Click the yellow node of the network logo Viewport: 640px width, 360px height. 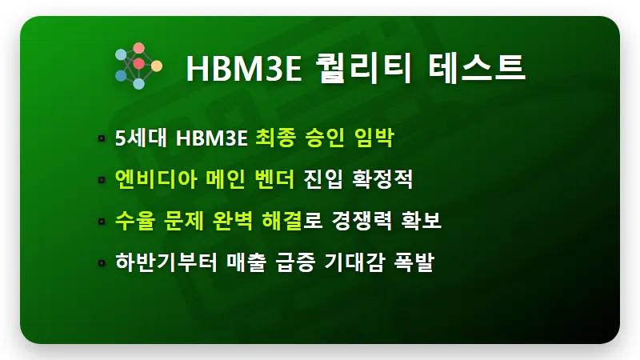coord(157,66)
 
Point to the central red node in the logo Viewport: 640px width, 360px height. coord(138,62)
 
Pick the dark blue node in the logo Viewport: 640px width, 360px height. coord(121,75)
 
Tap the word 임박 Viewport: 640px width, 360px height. coord(374,138)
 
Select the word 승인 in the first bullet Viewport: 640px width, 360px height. coord(324,138)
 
